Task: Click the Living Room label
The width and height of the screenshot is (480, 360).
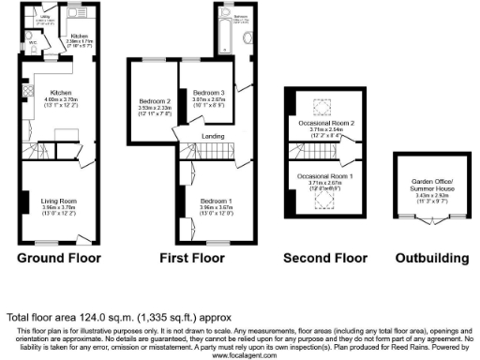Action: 57,201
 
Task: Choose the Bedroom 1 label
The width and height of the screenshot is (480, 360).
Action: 217,200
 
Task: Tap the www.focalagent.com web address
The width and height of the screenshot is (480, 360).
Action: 240,355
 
